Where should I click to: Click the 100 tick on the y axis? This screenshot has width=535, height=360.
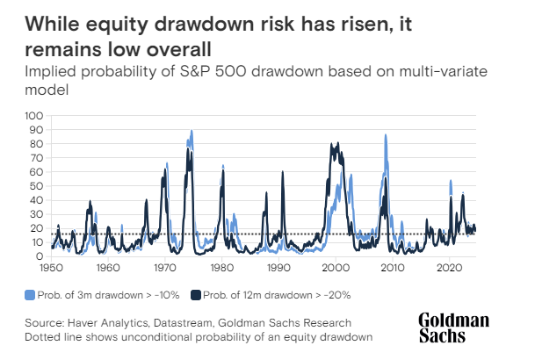[x=34, y=115]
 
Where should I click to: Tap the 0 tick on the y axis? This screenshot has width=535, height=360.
[x=40, y=256]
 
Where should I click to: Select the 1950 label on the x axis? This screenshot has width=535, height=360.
[x=51, y=267]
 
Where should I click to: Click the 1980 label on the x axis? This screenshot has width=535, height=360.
[x=221, y=267]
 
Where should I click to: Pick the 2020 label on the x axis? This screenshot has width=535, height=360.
[x=449, y=267]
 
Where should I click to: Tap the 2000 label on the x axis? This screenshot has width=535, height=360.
[x=336, y=267]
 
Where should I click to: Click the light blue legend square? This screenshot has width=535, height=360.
[x=31, y=293]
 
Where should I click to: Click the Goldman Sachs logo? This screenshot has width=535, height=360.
[x=453, y=328]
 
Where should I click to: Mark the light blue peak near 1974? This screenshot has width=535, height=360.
[x=191, y=132]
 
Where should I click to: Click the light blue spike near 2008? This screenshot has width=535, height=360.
[x=385, y=135]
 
